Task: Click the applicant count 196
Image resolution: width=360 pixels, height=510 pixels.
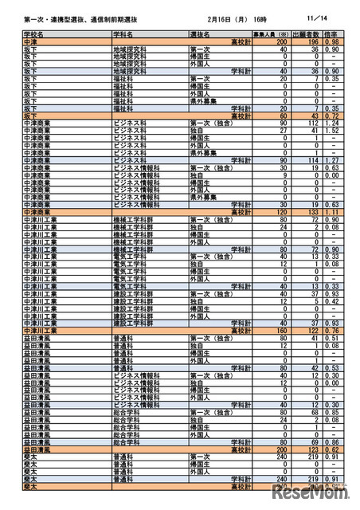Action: tap(314, 41)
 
